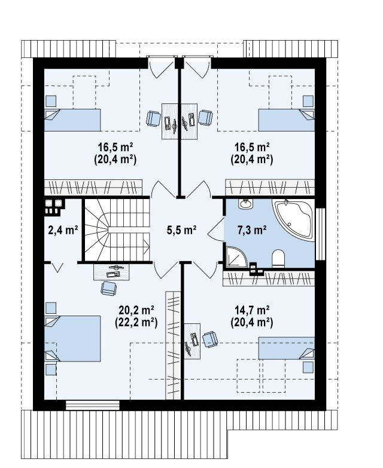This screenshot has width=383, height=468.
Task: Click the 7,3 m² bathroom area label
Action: click(252, 230)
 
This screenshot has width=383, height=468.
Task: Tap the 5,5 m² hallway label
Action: click(181, 230)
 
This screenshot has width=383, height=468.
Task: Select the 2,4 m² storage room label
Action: click(63, 230)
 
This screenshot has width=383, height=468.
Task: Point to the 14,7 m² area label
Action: click(252, 310)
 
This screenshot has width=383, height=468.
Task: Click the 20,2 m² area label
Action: click(136, 310)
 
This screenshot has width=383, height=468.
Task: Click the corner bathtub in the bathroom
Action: click(293, 220)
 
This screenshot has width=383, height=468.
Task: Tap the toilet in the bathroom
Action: click(278, 258)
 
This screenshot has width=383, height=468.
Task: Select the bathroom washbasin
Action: click(245, 204)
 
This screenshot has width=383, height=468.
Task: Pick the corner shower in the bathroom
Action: click(236, 256)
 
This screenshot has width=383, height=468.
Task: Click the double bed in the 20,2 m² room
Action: click(72, 338)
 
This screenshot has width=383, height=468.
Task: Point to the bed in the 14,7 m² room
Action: click(286, 348)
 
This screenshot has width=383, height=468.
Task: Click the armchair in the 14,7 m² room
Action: click(210, 339)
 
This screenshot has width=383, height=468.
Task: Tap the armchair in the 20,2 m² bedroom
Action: click(108, 288)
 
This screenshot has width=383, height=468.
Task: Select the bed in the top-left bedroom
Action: click(72, 120)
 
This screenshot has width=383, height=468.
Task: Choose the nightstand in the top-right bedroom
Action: click(308, 101)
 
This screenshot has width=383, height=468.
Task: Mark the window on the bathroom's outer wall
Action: click(321, 234)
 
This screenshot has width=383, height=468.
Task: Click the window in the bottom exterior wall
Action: click(93, 405)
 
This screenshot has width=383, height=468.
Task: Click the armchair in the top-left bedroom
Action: click(153, 118)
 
